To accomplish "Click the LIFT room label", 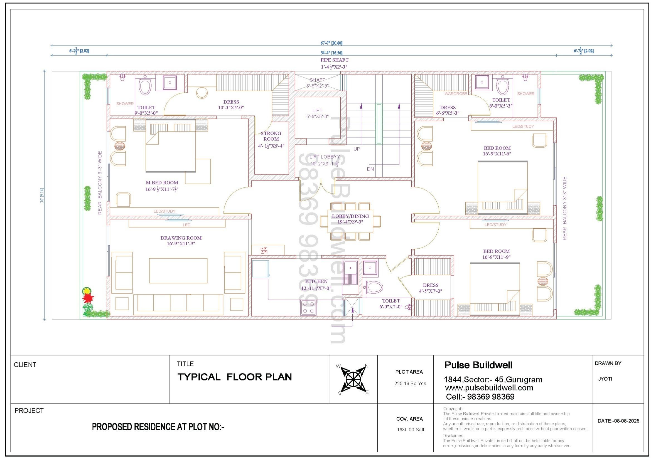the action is click(317, 110).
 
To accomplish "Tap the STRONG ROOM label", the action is click(271, 136).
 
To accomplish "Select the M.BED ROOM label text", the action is click(162, 183).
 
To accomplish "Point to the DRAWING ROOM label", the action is click(181, 238).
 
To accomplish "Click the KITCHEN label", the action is click(316, 281).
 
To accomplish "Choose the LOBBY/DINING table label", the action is click(350, 216).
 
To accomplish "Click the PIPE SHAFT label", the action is click(334, 60).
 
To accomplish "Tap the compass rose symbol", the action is click(353, 379).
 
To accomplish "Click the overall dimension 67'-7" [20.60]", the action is click(331, 43).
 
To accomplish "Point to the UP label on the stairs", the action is click(357, 149).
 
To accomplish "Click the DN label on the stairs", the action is click(370, 169).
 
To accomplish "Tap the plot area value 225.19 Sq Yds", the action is click(410, 384).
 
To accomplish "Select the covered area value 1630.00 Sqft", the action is click(410, 430).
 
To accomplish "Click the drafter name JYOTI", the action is click(605, 379).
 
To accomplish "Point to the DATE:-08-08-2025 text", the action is click(618, 421).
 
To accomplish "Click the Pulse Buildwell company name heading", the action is click(478, 365).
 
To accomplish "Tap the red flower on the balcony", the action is click(88, 298).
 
